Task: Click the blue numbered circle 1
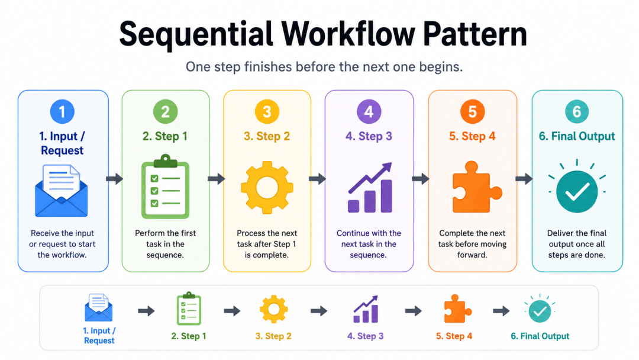(x=62, y=111)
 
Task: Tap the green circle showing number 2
(x=166, y=111)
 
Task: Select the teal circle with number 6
(x=577, y=111)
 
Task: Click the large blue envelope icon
(x=62, y=191)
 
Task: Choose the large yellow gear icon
(x=267, y=188)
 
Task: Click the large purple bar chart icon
(x=370, y=188)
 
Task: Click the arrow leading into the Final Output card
(x=524, y=179)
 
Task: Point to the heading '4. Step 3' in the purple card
(x=369, y=136)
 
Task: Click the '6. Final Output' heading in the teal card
(x=577, y=136)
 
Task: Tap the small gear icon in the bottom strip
(x=274, y=310)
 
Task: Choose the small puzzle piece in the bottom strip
(x=457, y=308)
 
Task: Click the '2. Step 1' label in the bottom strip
(x=189, y=336)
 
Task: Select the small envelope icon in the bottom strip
(x=99, y=307)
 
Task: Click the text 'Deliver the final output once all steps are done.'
(x=577, y=244)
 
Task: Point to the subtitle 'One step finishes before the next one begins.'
(x=324, y=66)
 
